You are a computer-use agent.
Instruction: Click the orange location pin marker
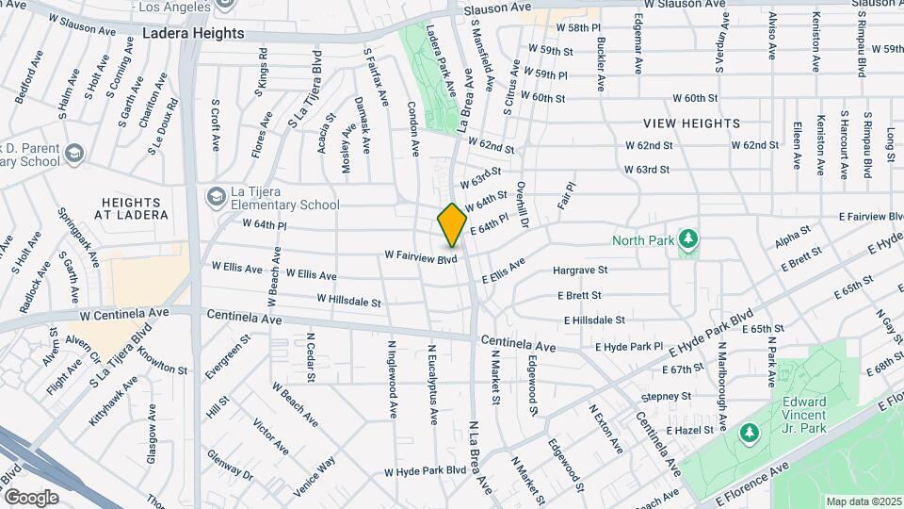tap(452, 225)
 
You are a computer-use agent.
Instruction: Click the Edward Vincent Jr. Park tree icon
tap(750, 433)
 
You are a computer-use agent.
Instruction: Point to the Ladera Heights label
tap(193, 33)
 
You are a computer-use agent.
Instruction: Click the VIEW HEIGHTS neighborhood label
tap(691, 123)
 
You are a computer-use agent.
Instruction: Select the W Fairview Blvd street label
tap(420, 255)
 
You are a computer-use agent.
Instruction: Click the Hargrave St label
tap(580, 271)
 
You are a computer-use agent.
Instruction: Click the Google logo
tap(30, 497)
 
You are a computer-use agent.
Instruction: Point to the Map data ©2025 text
tap(864, 501)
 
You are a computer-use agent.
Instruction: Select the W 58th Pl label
tap(577, 29)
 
